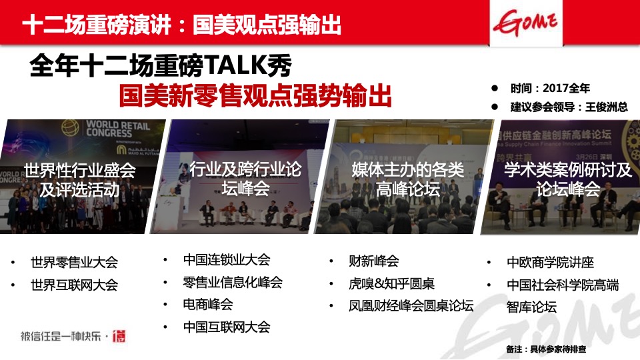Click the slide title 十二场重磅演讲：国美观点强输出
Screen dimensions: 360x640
[181, 25]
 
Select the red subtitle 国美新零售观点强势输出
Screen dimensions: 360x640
[255, 96]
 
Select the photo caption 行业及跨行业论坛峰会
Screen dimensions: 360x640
[245, 179]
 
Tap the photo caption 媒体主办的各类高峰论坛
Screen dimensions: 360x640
[407, 179]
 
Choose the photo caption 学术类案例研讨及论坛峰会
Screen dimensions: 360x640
[568, 179]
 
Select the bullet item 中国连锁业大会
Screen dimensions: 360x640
[227, 259]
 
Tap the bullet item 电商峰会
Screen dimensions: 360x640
[208, 304]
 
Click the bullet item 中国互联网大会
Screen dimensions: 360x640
[227, 327]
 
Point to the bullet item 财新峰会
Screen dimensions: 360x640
[373, 261]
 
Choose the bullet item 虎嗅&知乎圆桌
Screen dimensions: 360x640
[391, 283]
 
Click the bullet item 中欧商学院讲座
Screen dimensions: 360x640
[550, 263]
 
